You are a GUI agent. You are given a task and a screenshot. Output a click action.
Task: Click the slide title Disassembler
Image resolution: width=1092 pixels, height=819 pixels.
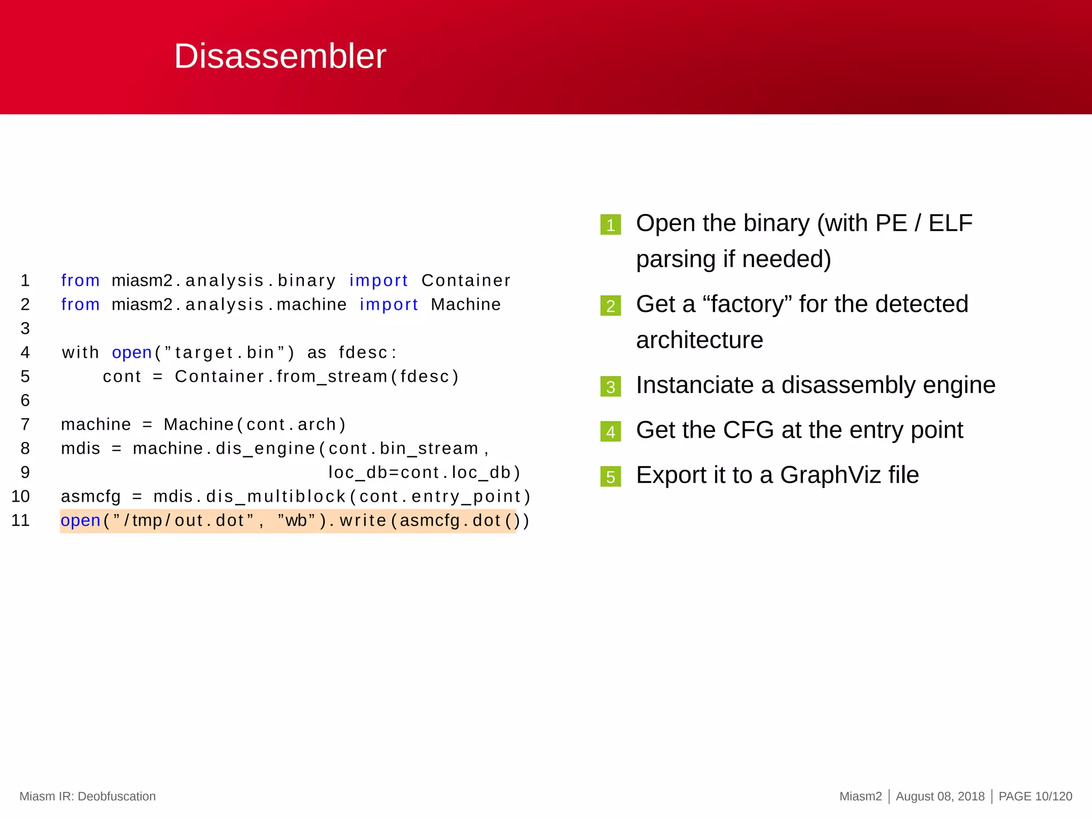pyautogui.click(x=280, y=56)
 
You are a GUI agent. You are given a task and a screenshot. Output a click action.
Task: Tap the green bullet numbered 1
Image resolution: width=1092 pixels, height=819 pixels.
pyautogui.click(x=611, y=225)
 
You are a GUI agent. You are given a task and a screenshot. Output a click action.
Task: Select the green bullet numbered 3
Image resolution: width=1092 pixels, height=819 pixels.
pyautogui.click(x=611, y=387)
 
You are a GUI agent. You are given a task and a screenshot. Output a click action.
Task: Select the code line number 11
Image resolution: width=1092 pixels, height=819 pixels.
pyautogui.click(x=21, y=520)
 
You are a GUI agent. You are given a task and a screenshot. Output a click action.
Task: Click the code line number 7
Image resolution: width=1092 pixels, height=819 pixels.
pyautogui.click(x=25, y=424)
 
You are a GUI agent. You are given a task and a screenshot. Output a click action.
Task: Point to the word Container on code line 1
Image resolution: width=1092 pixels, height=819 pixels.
pyautogui.click(x=465, y=280)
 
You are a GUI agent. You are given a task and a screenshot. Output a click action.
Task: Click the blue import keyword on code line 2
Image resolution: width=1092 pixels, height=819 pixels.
pyautogui.click(x=389, y=304)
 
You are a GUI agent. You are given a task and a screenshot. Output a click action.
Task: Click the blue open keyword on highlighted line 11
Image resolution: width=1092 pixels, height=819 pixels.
pyautogui.click(x=81, y=520)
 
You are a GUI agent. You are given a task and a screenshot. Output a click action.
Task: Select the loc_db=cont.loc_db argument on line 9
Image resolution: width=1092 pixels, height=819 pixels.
pyautogui.click(x=424, y=472)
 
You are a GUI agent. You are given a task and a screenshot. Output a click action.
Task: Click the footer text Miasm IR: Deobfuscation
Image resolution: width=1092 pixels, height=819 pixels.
pyautogui.click(x=87, y=796)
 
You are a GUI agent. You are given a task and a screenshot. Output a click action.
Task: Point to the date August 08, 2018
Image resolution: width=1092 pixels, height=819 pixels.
pyautogui.click(x=940, y=796)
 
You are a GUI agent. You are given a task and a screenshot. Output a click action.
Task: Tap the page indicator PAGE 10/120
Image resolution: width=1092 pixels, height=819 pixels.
pyautogui.click(x=1035, y=796)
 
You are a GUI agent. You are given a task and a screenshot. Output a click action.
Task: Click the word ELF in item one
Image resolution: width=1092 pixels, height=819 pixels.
pyautogui.click(x=950, y=223)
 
